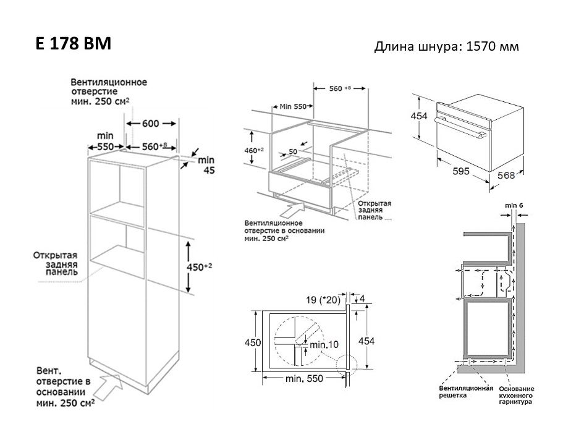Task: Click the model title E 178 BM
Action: (74, 43)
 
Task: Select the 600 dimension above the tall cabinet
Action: (150, 123)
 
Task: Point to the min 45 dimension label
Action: (206, 165)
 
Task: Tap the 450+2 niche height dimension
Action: (200, 267)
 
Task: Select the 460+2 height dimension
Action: (254, 150)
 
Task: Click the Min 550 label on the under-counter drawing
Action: (293, 106)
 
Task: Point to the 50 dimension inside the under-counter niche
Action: (293, 151)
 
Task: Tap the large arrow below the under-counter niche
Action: (292, 210)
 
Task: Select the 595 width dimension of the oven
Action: (461, 171)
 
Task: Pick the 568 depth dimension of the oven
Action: (506, 175)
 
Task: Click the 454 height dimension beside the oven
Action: (419, 116)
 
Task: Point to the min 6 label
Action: (514, 205)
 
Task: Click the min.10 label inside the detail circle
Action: (324, 344)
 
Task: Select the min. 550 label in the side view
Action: (304, 379)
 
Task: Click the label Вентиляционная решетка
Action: (466, 392)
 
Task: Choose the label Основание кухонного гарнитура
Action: (516, 395)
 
